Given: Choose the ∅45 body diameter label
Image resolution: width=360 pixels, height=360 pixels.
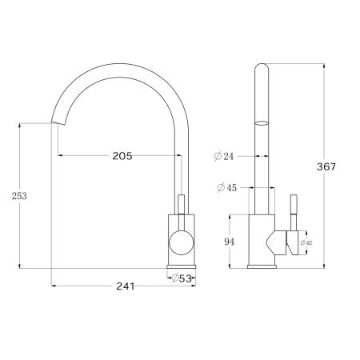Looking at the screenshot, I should tap(226, 189).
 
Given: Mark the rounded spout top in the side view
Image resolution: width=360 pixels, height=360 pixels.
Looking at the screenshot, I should tap(262, 68).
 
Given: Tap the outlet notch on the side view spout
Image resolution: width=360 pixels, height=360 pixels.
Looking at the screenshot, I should tap(262, 123).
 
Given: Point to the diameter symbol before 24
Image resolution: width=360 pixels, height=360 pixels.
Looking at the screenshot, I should tap(218, 157).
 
